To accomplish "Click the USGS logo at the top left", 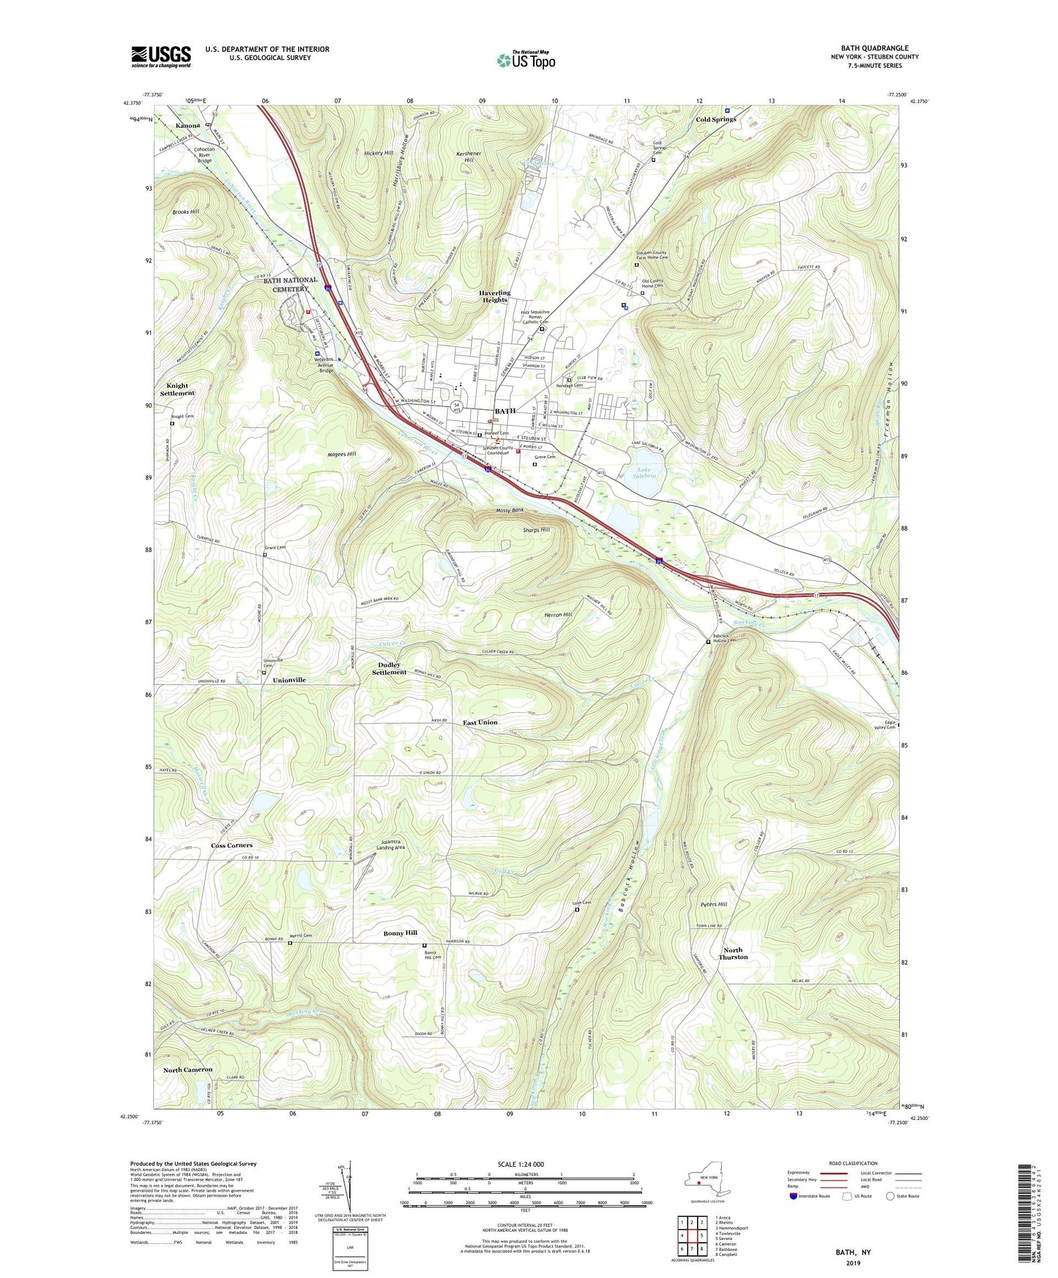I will [160, 56].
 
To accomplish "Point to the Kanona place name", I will [188, 125].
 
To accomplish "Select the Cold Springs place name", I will [715, 119].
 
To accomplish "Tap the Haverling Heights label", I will [494, 296].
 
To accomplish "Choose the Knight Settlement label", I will [177, 389].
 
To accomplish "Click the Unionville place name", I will [288, 680].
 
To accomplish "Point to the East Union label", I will [480, 722].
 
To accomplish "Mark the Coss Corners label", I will [231, 845].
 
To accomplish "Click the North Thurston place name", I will [733, 953].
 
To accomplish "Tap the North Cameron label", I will [187, 1069].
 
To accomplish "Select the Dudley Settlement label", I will [389, 668].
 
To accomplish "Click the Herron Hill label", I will [557, 615].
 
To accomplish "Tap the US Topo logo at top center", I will [525, 60].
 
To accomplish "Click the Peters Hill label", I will [712, 904].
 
